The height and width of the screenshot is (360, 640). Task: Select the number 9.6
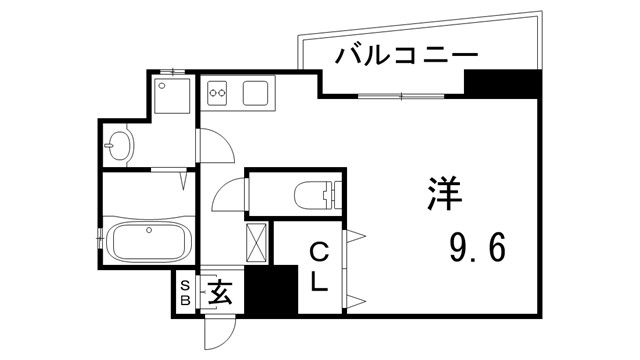476,245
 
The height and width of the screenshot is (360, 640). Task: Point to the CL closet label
318,266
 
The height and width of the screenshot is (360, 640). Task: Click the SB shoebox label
185,293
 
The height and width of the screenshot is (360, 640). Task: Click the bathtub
146,242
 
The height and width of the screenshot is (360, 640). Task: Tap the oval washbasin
121,145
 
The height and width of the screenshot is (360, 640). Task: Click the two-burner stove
219,96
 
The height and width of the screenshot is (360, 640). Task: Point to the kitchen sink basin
254,95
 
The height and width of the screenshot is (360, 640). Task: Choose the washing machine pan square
172,98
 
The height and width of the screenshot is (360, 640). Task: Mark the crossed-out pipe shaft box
257,241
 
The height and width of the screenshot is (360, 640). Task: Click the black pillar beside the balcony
501,84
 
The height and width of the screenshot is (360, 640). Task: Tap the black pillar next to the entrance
272,291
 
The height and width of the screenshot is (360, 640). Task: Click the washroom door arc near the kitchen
215,147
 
